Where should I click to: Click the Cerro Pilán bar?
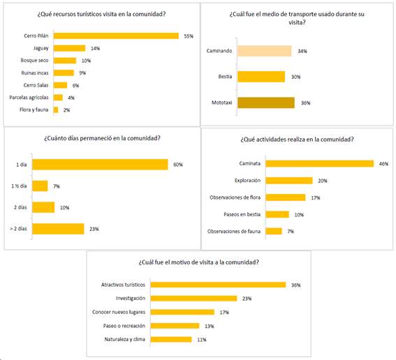(x=116, y=36)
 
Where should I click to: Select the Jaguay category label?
(x=41, y=48)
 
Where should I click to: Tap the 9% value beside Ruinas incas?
(x=82, y=73)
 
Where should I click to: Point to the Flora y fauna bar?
(x=56, y=110)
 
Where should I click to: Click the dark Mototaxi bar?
(x=266, y=103)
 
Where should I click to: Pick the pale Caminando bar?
(x=265, y=51)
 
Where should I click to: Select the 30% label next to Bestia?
(x=295, y=77)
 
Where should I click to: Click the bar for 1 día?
(x=100, y=165)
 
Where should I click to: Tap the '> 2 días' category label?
(x=18, y=229)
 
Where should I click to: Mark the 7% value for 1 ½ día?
(x=57, y=186)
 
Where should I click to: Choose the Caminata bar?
(x=319, y=163)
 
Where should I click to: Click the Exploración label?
(x=247, y=181)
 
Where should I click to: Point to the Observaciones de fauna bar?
(x=274, y=231)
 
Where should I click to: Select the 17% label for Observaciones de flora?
(x=316, y=197)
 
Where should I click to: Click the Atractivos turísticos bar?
(x=218, y=285)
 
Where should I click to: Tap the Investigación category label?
(x=131, y=298)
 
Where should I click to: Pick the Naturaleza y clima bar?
(x=171, y=339)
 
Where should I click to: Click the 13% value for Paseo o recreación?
(x=209, y=327)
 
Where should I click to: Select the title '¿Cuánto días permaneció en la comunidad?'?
(x=102, y=138)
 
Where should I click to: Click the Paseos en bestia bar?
(x=277, y=214)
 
